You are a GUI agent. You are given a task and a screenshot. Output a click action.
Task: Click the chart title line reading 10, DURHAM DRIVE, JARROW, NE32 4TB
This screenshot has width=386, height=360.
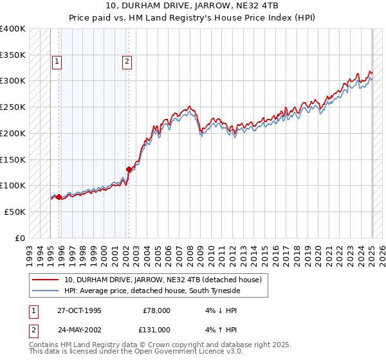click(x=193, y=6)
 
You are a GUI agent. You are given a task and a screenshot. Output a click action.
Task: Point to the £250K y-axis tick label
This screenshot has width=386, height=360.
click(x=13, y=107)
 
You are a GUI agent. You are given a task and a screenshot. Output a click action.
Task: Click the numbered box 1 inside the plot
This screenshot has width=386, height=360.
click(x=57, y=62)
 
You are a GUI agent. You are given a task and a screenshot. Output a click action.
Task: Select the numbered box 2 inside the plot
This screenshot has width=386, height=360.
click(x=127, y=62)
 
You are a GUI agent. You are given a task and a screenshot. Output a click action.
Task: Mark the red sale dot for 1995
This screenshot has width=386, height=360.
click(x=59, y=197)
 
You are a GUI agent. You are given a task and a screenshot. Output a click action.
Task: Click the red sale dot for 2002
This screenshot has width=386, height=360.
click(x=129, y=170)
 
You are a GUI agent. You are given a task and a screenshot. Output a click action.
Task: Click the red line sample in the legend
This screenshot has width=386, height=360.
click(x=46, y=280)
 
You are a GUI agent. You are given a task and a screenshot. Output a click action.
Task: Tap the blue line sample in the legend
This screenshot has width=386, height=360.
click(x=46, y=291)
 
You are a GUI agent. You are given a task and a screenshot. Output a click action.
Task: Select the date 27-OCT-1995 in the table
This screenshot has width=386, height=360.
click(x=79, y=310)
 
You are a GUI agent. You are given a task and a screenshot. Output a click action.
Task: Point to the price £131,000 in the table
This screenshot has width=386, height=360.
click(x=157, y=330)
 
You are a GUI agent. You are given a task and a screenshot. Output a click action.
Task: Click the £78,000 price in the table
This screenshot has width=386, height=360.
click(x=157, y=310)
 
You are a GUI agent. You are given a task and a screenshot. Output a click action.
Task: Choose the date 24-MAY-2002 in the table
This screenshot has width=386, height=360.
click(x=79, y=330)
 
